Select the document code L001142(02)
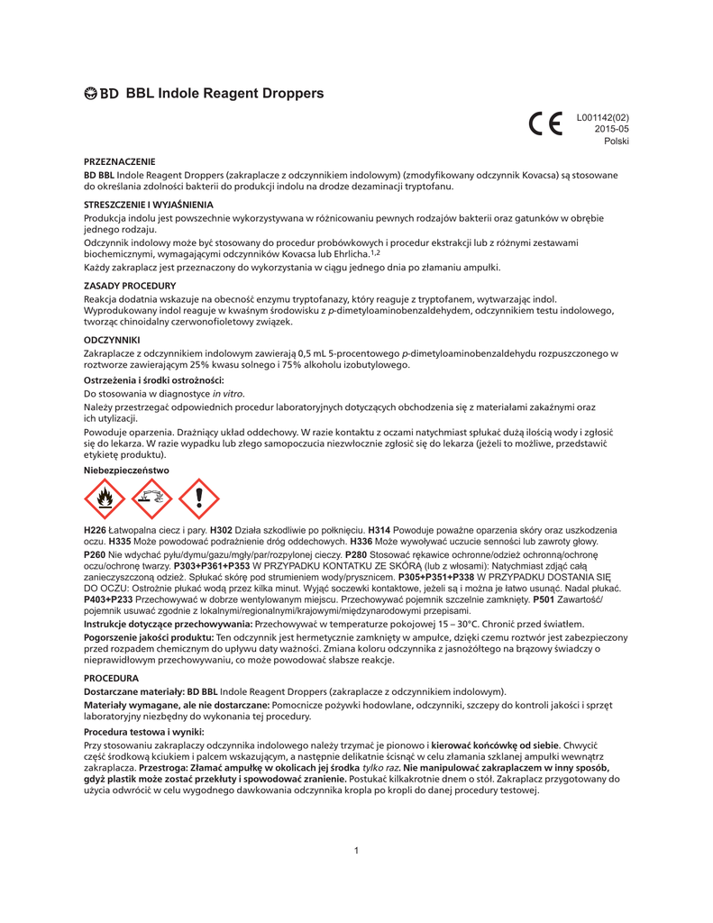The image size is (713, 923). (602, 117)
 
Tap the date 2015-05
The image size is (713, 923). (611, 129)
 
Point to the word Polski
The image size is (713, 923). (616, 141)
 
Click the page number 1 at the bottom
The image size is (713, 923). (357, 850)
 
